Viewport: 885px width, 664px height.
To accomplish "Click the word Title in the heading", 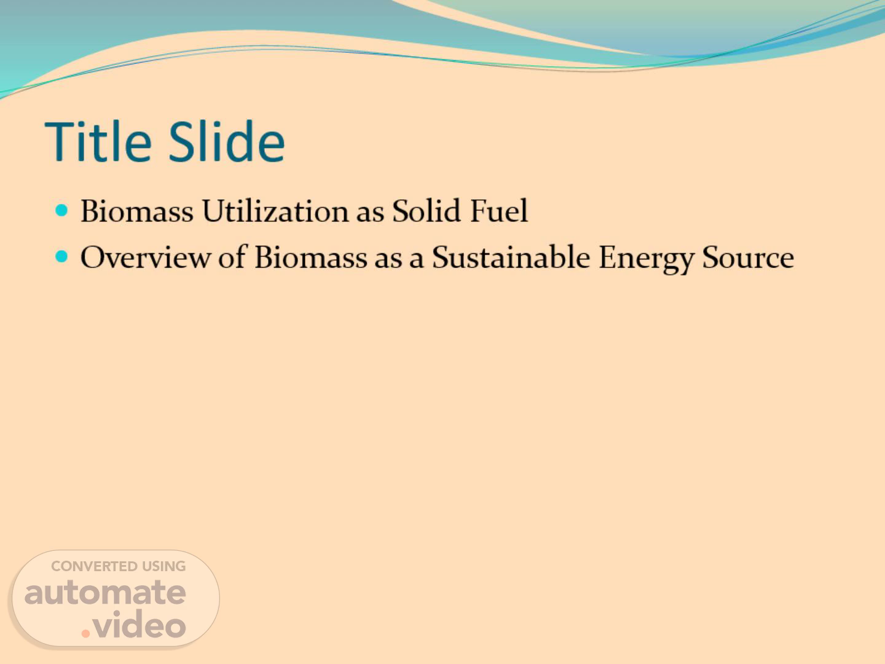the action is [98, 141].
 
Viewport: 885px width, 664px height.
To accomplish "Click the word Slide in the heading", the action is [227, 141].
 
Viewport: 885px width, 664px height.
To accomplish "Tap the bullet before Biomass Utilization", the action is [61, 210].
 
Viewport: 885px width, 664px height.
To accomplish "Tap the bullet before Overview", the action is [61, 256].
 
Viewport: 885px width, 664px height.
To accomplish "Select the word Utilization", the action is [275, 211].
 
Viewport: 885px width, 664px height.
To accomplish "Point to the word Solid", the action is [426, 211].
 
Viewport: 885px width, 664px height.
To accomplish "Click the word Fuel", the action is [499, 211].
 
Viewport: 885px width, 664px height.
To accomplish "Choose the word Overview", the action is [146, 257].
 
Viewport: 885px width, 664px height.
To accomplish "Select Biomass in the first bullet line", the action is [137, 211].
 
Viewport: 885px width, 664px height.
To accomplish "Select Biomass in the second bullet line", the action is [311, 257].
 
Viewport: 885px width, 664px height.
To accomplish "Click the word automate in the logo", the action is [105, 593].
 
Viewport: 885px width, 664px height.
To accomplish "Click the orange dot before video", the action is [85, 633].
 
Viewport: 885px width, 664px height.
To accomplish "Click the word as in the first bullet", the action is [371, 214].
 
